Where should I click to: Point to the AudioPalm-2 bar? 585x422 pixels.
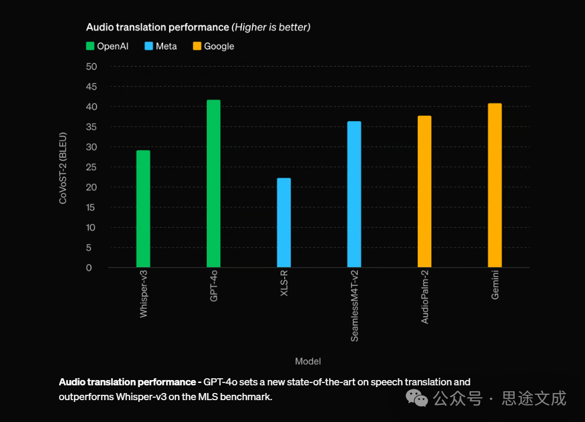tap(424, 191)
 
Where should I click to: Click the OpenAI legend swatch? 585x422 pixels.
tap(90, 46)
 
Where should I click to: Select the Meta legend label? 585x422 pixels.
tap(166, 46)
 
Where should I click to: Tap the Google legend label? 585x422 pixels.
tap(219, 46)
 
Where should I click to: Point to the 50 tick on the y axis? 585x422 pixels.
tap(92, 67)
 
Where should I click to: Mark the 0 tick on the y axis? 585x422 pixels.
tap(89, 268)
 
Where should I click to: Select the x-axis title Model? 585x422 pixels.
tap(308, 361)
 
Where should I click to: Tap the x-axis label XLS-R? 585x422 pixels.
tap(284, 284)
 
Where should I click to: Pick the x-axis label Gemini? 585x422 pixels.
tap(495, 284)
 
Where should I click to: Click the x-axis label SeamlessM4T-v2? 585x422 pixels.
tap(355, 305)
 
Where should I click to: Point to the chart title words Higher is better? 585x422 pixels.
tap(271, 27)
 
